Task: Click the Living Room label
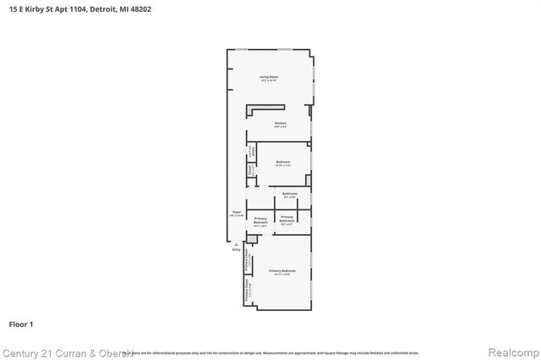[x=269, y=77]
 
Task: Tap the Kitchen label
[x=281, y=123]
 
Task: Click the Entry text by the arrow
[x=236, y=249]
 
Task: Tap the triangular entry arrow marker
[x=237, y=243]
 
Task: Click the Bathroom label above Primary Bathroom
[x=290, y=194]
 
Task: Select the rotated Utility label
[x=250, y=153]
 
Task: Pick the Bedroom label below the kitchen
[x=282, y=161]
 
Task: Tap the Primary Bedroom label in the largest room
[x=281, y=270]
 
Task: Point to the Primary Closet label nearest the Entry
[x=247, y=259]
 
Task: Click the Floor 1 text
[x=20, y=324]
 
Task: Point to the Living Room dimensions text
[x=269, y=81]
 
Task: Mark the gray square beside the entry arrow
[x=245, y=243]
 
